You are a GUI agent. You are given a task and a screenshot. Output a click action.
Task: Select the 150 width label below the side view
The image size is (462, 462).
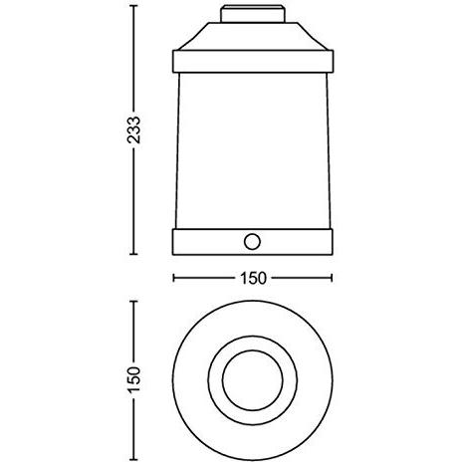click(254, 279)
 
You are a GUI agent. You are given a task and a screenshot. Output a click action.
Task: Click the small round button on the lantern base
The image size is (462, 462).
click(253, 242)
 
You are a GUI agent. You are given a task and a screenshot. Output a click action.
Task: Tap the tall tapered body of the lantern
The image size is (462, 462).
click(253, 149)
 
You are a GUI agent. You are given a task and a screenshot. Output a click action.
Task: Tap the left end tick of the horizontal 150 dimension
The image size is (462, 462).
click(174, 279)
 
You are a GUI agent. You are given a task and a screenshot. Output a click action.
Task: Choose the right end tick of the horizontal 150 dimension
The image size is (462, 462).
click(333, 279)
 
